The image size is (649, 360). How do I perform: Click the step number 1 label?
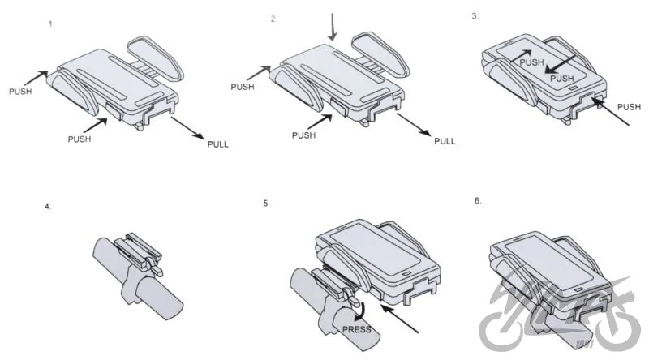click(51, 24)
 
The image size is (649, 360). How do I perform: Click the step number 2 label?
click(273, 19)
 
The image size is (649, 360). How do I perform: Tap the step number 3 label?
click(475, 16)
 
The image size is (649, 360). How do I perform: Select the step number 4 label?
click(48, 207)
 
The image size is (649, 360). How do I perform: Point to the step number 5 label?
click(266, 204)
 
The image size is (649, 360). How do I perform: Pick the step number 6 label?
click(478, 201)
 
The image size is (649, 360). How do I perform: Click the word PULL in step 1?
click(217, 144)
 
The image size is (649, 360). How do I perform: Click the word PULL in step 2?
click(445, 141)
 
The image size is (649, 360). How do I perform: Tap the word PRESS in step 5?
click(357, 329)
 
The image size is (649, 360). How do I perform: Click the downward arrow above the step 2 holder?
click(332, 27)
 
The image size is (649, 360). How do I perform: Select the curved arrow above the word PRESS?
click(361, 311)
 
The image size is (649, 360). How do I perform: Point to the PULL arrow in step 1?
click(187, 128)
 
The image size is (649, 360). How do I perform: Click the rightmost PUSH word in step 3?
click(629, 107)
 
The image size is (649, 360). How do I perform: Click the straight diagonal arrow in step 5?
click(399, 319)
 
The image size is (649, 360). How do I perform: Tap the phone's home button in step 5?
click(406, 273)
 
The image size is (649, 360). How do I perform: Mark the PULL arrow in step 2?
click(414, 124)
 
